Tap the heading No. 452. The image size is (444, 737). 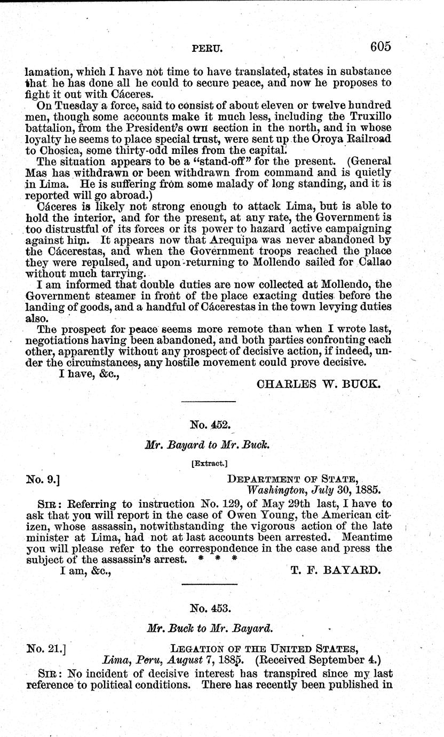click(209, 425)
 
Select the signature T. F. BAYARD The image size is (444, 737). click(336, 570)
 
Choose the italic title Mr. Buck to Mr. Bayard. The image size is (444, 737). click(209, 630)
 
